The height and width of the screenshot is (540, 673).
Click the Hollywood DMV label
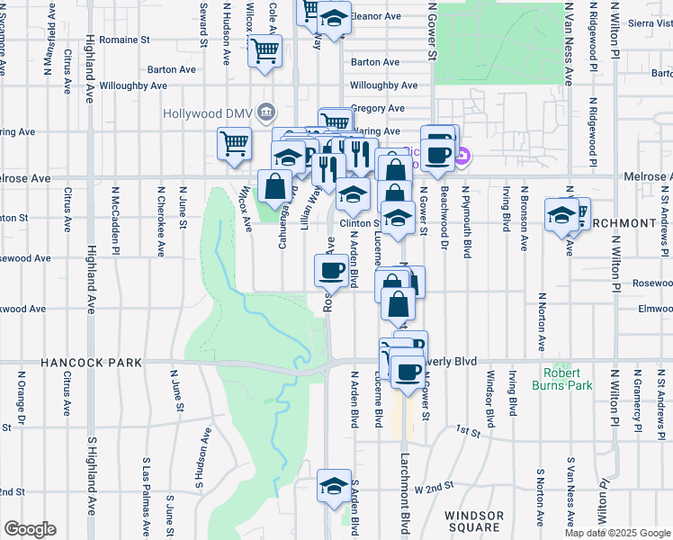click(x=207, y=113)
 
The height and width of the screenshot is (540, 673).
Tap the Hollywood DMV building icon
click(x=266, y=112)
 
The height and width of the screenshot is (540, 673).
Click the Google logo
click(x=30, y=529)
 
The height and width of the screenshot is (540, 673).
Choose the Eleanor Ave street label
click(x=375, y=16)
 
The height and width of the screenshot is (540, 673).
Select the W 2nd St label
click(x=433, y=487)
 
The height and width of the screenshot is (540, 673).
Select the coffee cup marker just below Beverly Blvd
click(x=408, y=372)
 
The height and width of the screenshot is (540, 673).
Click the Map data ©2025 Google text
click(x=617, y=533)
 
